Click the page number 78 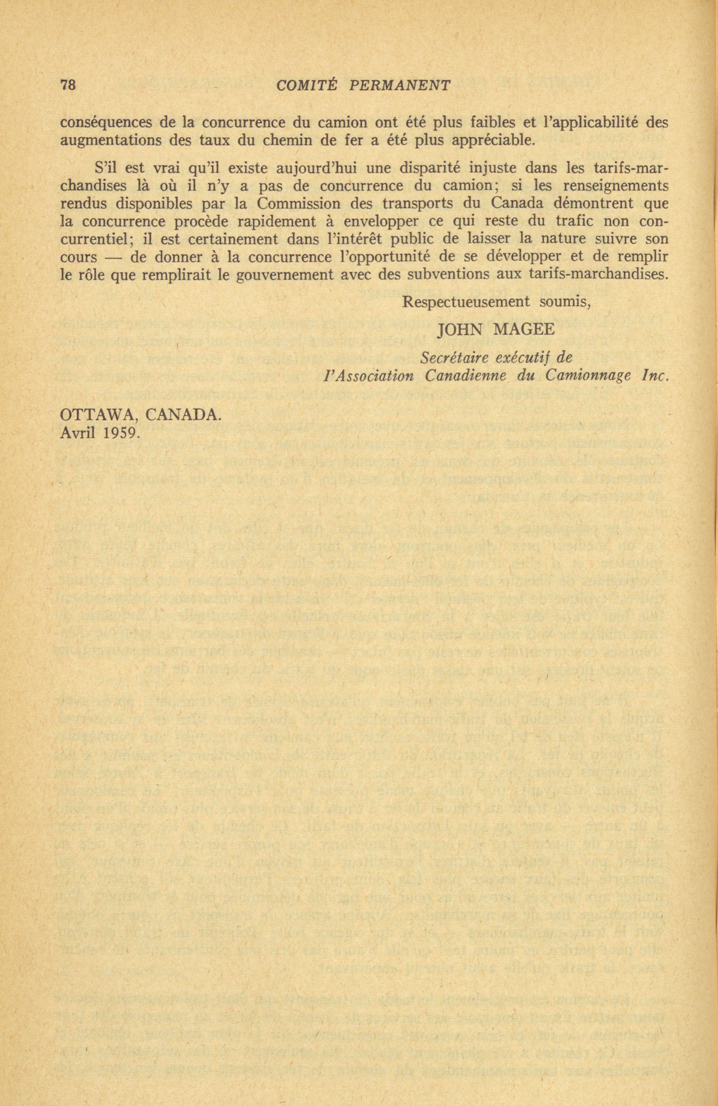click(68, 85)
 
